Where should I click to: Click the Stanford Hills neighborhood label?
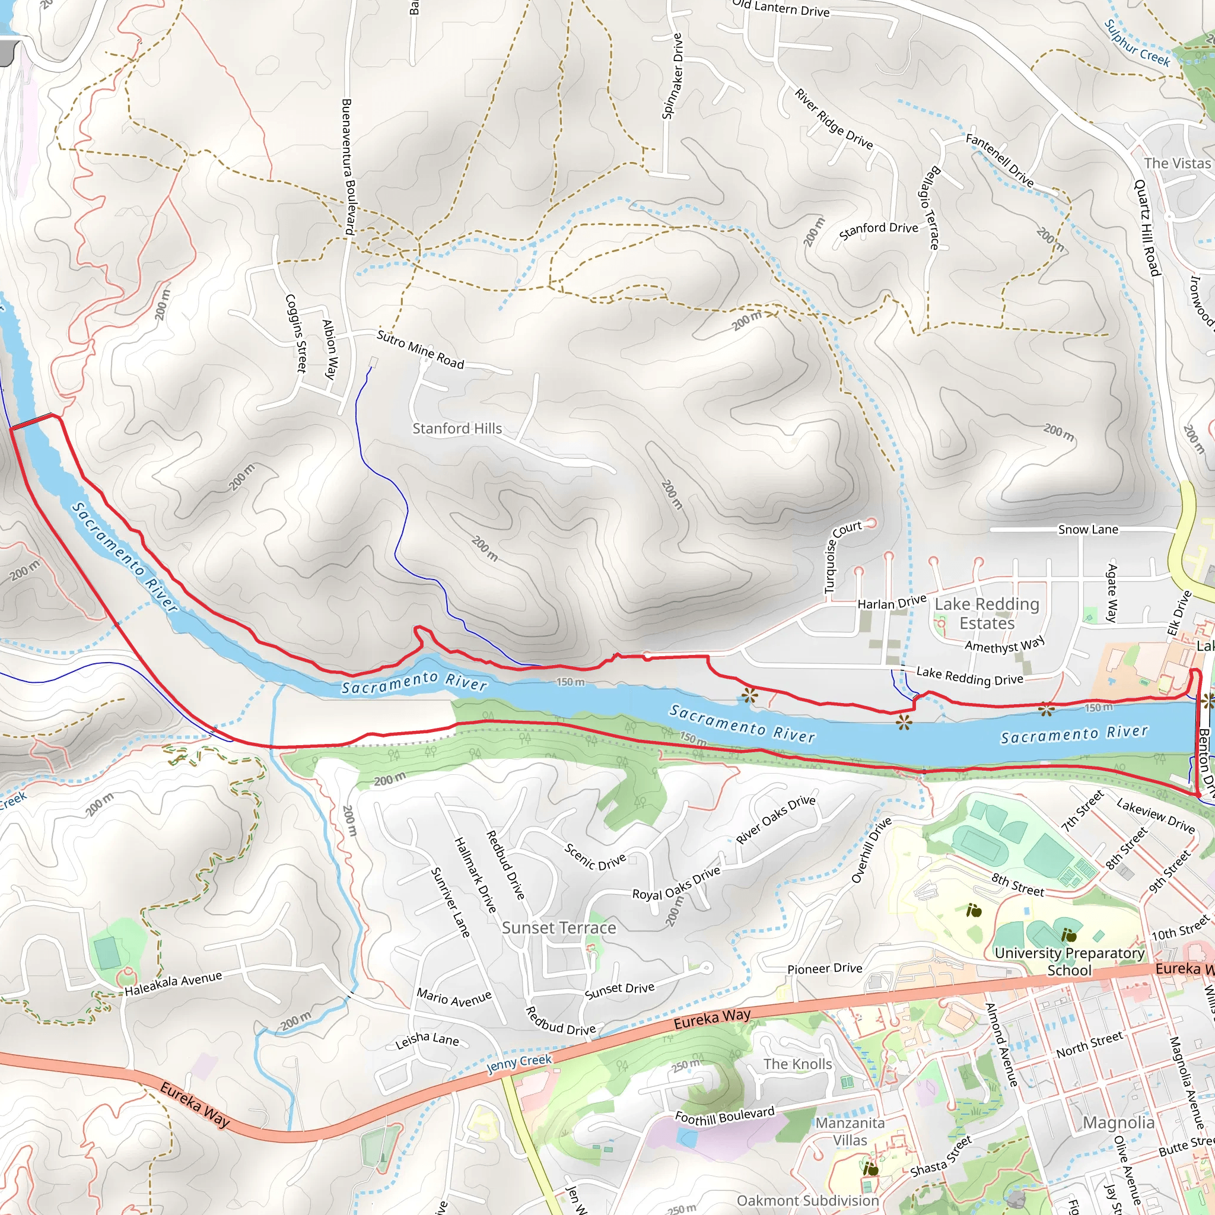457,428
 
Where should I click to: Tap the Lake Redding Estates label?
986,613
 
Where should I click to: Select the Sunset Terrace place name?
558,928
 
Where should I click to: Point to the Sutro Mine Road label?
420,349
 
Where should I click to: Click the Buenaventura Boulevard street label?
348,167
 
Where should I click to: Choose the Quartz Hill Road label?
1146,228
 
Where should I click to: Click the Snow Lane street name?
1087,530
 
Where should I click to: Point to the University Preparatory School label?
1069,962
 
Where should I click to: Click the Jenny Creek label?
519,1064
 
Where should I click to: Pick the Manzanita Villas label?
850,1131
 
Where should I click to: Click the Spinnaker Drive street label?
672,76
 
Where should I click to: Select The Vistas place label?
1176,164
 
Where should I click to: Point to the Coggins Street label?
295,333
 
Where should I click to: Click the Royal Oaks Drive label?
676,883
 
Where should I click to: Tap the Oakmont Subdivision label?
807,1201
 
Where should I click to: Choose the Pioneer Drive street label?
825,968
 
